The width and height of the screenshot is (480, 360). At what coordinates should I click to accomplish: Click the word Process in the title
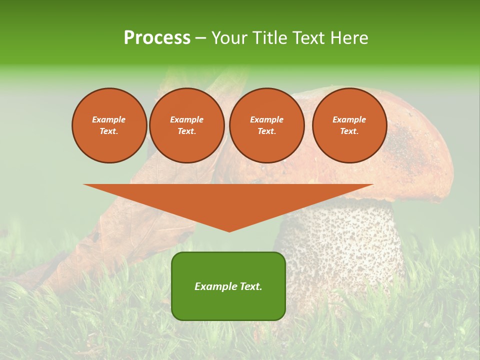point(157,38)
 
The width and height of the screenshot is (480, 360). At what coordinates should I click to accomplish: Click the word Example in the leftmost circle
point(109,119)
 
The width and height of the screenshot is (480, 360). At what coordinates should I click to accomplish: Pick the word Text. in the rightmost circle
point(349,131)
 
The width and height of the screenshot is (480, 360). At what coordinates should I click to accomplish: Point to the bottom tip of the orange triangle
point(229,230)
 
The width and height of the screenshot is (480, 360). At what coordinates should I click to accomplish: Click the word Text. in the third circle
point(266,131)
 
